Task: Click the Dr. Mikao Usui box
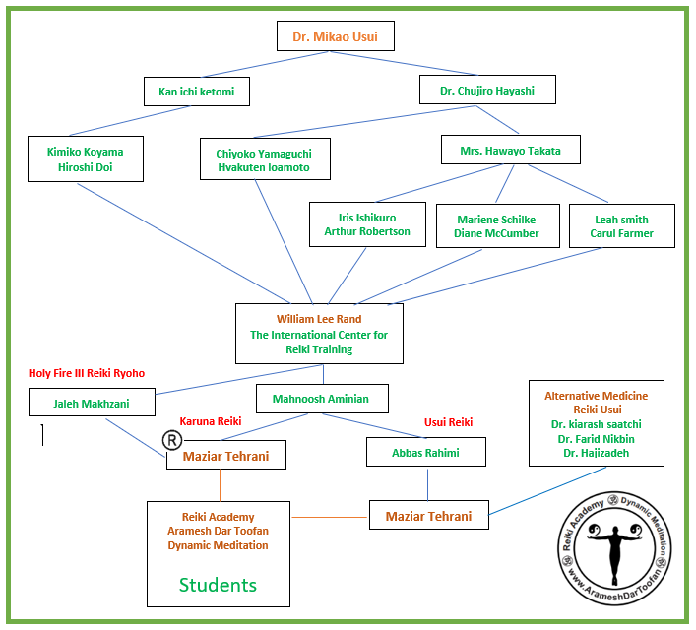tap(335, 36)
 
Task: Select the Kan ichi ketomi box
tap(196, 92)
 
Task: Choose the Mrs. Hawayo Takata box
tap(510, 150)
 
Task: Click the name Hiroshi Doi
tap(86, 168)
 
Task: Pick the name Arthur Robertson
tap(367, 232)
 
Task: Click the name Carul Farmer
tap(621, 233)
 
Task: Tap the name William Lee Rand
tap(318, 319)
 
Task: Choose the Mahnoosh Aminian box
tap(322, 399)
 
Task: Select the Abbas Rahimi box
tap(426, 453)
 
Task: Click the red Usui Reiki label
tap(448, 422)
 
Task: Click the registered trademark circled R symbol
tap(171, 439)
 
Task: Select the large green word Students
tap(218, 585)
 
